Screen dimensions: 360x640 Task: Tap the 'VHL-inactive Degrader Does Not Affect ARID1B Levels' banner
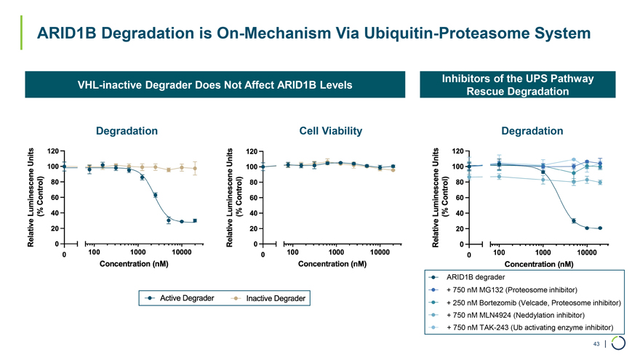215,85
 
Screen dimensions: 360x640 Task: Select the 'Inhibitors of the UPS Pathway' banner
517,79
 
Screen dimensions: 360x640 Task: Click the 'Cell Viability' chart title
331,131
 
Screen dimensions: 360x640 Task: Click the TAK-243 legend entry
529,328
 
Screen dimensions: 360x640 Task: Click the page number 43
596,344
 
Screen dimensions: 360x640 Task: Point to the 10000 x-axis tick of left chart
183,252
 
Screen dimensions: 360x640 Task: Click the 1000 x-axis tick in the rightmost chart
542,252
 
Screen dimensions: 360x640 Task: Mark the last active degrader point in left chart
195,220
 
